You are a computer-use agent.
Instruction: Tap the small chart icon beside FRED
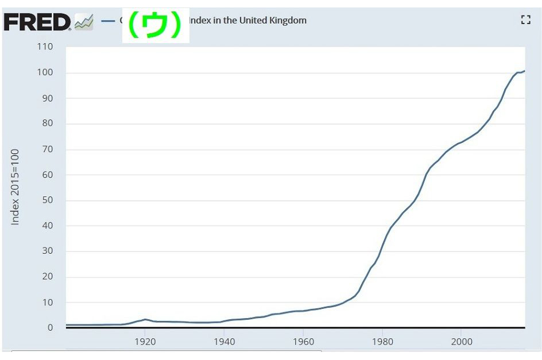[x=84, y=23]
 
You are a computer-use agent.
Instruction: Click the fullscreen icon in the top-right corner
[x=525, y=20]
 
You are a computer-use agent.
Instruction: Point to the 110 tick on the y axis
[x=44, y=47]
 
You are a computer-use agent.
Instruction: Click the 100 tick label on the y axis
[x=44, y=72]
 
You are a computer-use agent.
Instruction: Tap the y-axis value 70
[x=47, y=149]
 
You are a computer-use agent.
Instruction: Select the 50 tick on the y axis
[x=47, y=200]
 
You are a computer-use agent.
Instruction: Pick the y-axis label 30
[x=47, y=251]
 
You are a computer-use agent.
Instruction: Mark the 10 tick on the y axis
[x=47, y=302]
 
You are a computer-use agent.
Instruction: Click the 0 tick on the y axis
[x=50, y=327]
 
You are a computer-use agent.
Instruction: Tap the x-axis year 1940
[x=224, y=342]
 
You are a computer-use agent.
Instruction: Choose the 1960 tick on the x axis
[x=303, y=342]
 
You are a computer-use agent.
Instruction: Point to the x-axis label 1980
[x=382, y=342]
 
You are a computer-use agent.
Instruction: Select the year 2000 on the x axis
[x=462, y=342]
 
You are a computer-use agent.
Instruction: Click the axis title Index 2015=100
[x=16, y=187]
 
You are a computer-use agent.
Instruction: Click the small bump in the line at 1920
[x=145, y=319]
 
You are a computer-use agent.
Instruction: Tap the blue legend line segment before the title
[x=109, y=21]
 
